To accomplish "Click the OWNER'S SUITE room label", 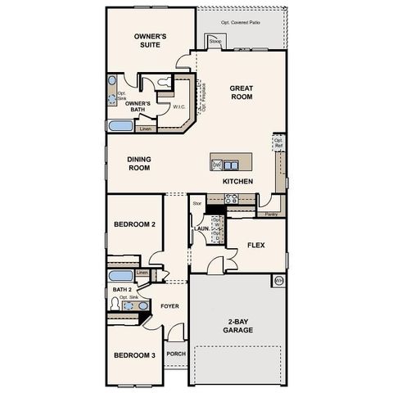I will [151, 41].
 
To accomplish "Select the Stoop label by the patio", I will [215, 40].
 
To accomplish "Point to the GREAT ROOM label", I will [241, 92].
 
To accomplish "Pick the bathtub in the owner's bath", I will [120, 127].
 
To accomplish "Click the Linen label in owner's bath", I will [146, 129].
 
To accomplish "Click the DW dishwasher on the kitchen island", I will [216, 165].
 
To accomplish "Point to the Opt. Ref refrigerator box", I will [278, 143].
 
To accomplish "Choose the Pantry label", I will [270, 214].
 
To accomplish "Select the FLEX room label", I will [255, 244].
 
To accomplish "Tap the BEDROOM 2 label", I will [134, 224].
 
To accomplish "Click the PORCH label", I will [176, 354].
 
